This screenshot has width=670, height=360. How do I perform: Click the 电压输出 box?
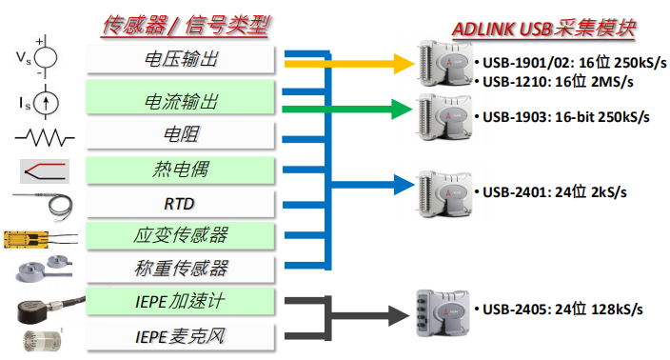tap(181, 59)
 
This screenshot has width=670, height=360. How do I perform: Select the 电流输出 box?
tap(181, 99)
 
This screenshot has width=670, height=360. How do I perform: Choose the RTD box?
tap(181, 204)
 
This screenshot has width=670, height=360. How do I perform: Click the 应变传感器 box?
tap(181, 235)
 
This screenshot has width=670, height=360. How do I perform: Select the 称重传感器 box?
tap(181, 269)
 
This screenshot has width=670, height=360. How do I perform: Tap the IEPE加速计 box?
tap(181, 303)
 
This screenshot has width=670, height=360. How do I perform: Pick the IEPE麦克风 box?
tap(181, 336)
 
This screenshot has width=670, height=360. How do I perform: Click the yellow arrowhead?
tap(400, 64)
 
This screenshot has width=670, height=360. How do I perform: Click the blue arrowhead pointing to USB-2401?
tap(400, 185)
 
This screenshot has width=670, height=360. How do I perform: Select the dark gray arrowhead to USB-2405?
tap(400, 311)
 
